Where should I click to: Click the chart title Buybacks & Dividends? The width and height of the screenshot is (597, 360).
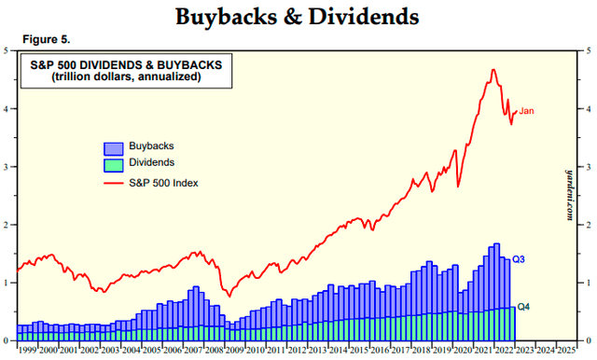pyautogui.click(x=298, y=17)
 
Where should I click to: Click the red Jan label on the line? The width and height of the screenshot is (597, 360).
pyautogui.click(x=527, y=112)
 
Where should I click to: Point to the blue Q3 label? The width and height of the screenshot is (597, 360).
pyautogui.click(x=520, y=258)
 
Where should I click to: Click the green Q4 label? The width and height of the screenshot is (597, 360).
pyautogui.click(x=524, y=306)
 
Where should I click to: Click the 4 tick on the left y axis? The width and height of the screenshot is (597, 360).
pyautogui.click(x=10, y=108)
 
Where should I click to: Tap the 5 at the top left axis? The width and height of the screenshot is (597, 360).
pyautogui.click(x=10, y=49)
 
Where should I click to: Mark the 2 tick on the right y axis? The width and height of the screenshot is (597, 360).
pyautogui.click(x=588, y=225)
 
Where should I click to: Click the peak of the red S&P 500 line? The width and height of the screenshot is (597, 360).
pyautogui.click(x=492, y=70)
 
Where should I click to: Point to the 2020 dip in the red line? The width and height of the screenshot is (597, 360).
pyautogui.click(x=457, y=187)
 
